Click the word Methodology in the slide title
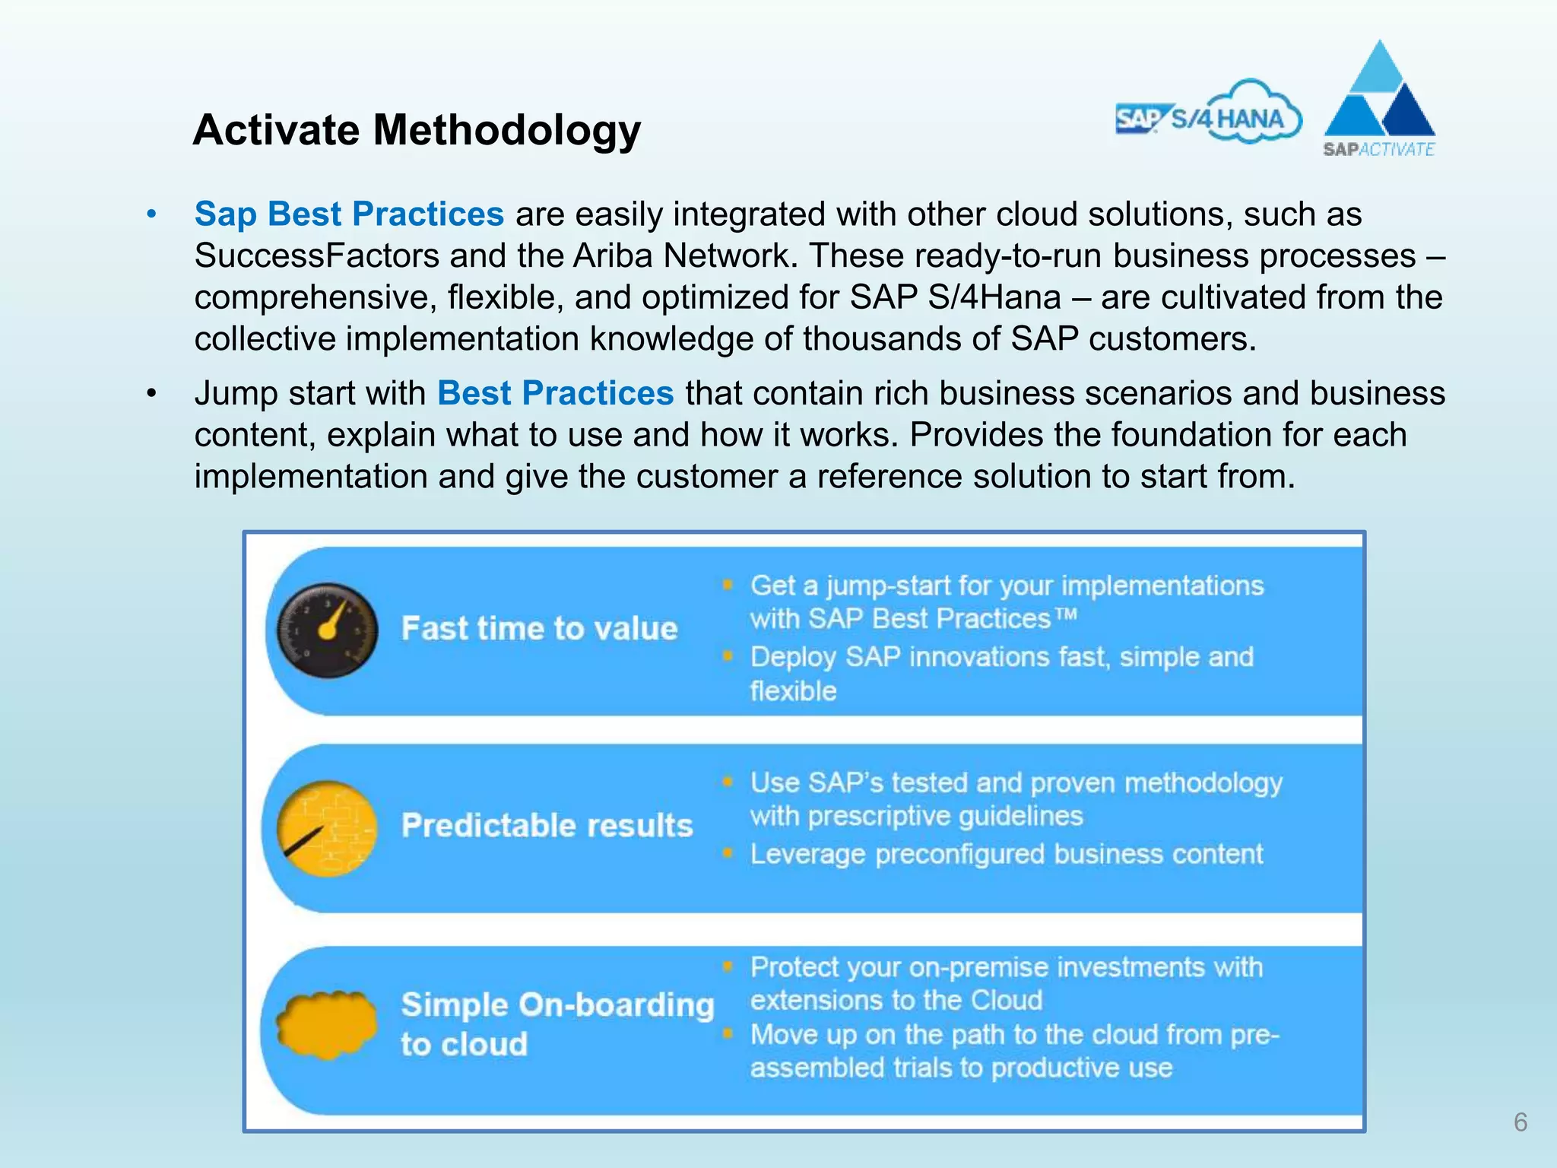[x=507, y=130]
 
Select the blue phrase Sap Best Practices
[x=349, y=214]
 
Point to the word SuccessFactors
[x=317, y=255]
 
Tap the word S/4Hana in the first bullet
[x=994, y=297]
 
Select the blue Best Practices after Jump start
[x=555, y=394]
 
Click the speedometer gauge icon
[x=328, y=630]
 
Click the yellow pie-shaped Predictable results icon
[x=328, y=828]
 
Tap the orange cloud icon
[x=328, y=1025]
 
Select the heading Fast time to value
[x=539, y=629]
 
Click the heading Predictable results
[x=547, y=826]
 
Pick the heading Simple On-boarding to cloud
[x=557, y=1024]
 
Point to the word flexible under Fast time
[x=793, y=691]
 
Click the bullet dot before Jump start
[x=152, y=394]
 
